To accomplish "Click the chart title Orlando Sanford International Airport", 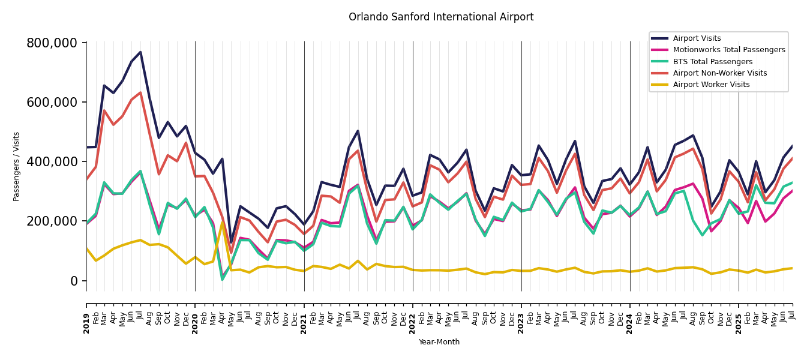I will pyautogui.click(x=441, y=17).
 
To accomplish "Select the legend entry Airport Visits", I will pyautogui.click(x=697, y=38).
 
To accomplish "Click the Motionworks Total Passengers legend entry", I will pyautogui.click(x=728, y=50).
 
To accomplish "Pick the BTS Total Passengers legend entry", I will pyautogui.click(x=712, y=62).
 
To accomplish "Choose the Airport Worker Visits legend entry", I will pyautogui.click(x=711, y=85).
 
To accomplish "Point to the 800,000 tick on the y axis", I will pyautogui.click(x=52, y=43).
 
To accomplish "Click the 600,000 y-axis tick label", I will pyautogui.click(x=52, y=103).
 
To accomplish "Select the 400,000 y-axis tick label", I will pyautogui.click(x=52, y=162).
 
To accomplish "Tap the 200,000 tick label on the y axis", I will pyautogui.click(x=52, y=221).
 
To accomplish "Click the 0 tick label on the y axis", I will pyautogui.click(x=74, y=281).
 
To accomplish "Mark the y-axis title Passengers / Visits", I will pyautogui.click(x=17, y=166).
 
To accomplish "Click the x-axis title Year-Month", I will pyautogui.click(x=439, y=342).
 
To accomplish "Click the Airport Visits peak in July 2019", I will pyautogui.click(x=140, y=52).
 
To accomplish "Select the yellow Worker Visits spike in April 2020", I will pyautogui.click(x=222, y=223).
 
